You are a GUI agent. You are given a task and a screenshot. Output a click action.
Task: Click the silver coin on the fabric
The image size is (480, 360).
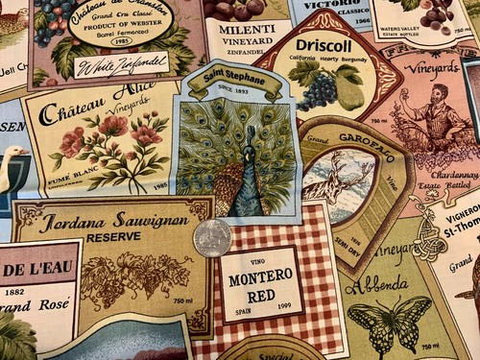(x=212, y=237)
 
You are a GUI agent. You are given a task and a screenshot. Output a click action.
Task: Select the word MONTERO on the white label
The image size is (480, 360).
(x=261, y=279)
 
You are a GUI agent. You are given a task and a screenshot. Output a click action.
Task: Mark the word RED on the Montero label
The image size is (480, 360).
(x=261, y=297)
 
